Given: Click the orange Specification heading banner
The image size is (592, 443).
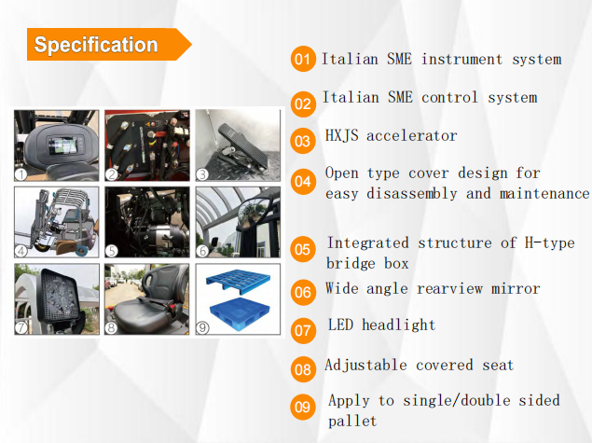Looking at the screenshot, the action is (109, 44).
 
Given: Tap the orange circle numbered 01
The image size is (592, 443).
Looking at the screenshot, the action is (303, 59).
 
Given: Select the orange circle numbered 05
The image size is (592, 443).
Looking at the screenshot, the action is (303, 249).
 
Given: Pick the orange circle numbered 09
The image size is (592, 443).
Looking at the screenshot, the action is (303, 408).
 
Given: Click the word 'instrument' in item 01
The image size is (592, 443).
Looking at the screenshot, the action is (461, 60).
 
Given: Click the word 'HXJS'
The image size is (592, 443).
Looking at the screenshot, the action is (342, 135).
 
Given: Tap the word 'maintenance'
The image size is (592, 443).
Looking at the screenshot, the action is (544, 193).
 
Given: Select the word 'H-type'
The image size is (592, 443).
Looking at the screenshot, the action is (550, 242).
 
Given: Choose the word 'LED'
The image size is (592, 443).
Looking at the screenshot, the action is (340, 325).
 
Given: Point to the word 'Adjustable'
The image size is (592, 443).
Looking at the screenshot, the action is (365, 366).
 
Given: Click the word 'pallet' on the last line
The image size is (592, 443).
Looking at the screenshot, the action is (352, 422).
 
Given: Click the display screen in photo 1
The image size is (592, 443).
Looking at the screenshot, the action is (63, 145).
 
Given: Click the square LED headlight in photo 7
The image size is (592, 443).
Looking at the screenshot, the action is (58, 296).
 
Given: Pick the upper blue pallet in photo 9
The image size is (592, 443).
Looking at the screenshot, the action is (238, 281).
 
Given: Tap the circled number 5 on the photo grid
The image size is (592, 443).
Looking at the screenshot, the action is (112, 251).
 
